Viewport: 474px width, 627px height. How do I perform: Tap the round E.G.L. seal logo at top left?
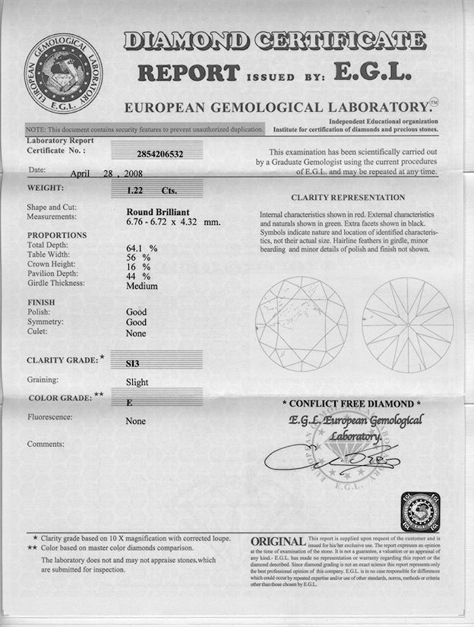[x=64, y=72]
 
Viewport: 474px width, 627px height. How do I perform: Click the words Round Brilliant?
[x=158, y=212]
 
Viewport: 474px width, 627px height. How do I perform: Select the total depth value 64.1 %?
[x=141, y=248]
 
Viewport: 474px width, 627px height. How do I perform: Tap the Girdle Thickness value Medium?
[x=142, y=286]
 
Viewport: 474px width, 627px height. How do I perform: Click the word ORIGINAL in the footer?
[x=278, y=540]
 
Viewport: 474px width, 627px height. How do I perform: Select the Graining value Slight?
[x=137, y=382]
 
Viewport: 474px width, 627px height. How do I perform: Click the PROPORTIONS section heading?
[x=57, y=236]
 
